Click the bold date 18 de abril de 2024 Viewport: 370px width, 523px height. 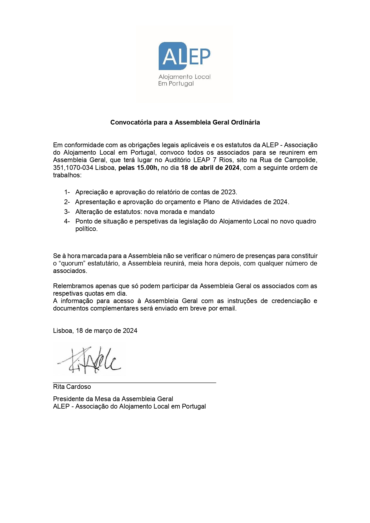(x=210, y=168)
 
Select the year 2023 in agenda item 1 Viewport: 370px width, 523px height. (x=228, y=192)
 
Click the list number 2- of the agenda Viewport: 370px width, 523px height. (x=67, y=202)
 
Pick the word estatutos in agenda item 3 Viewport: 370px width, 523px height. (x=127, y=212)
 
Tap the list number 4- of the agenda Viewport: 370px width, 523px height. (x=67, y=221)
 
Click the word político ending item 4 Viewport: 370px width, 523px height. (x=86, y=229)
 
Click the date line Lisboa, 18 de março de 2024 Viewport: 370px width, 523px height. (x=95, y=331)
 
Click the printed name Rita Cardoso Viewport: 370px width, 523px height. (x=72, y=387)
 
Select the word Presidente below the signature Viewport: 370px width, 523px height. (x=68, y=399)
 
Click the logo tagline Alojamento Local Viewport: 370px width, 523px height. (x=184, y=77)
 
